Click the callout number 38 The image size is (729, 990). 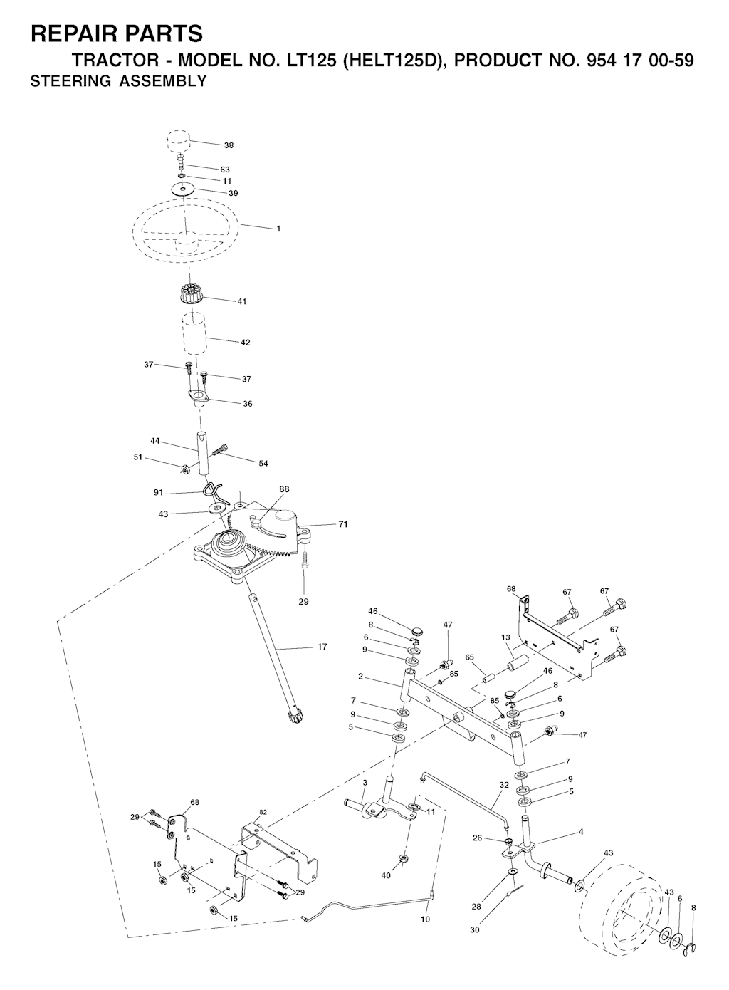pos(229,145)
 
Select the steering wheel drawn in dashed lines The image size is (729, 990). pos(187,229)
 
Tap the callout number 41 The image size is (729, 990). pos(241,301)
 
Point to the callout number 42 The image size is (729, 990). pos(245,343)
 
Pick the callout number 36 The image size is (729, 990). pos(248,404)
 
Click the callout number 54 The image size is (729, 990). pos(263,464)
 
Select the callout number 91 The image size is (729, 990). pos(158,492)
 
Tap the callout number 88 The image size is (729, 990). pos(284,489)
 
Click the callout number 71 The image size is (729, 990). pos(343,525)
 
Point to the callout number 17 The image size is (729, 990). pos(322,647)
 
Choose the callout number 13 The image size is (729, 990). pos(505,637)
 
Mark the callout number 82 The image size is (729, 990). pos(263,813)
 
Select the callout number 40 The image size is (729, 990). pos(386,876)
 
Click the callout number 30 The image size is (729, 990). pos(475,930)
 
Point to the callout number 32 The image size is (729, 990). pos(504,786)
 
